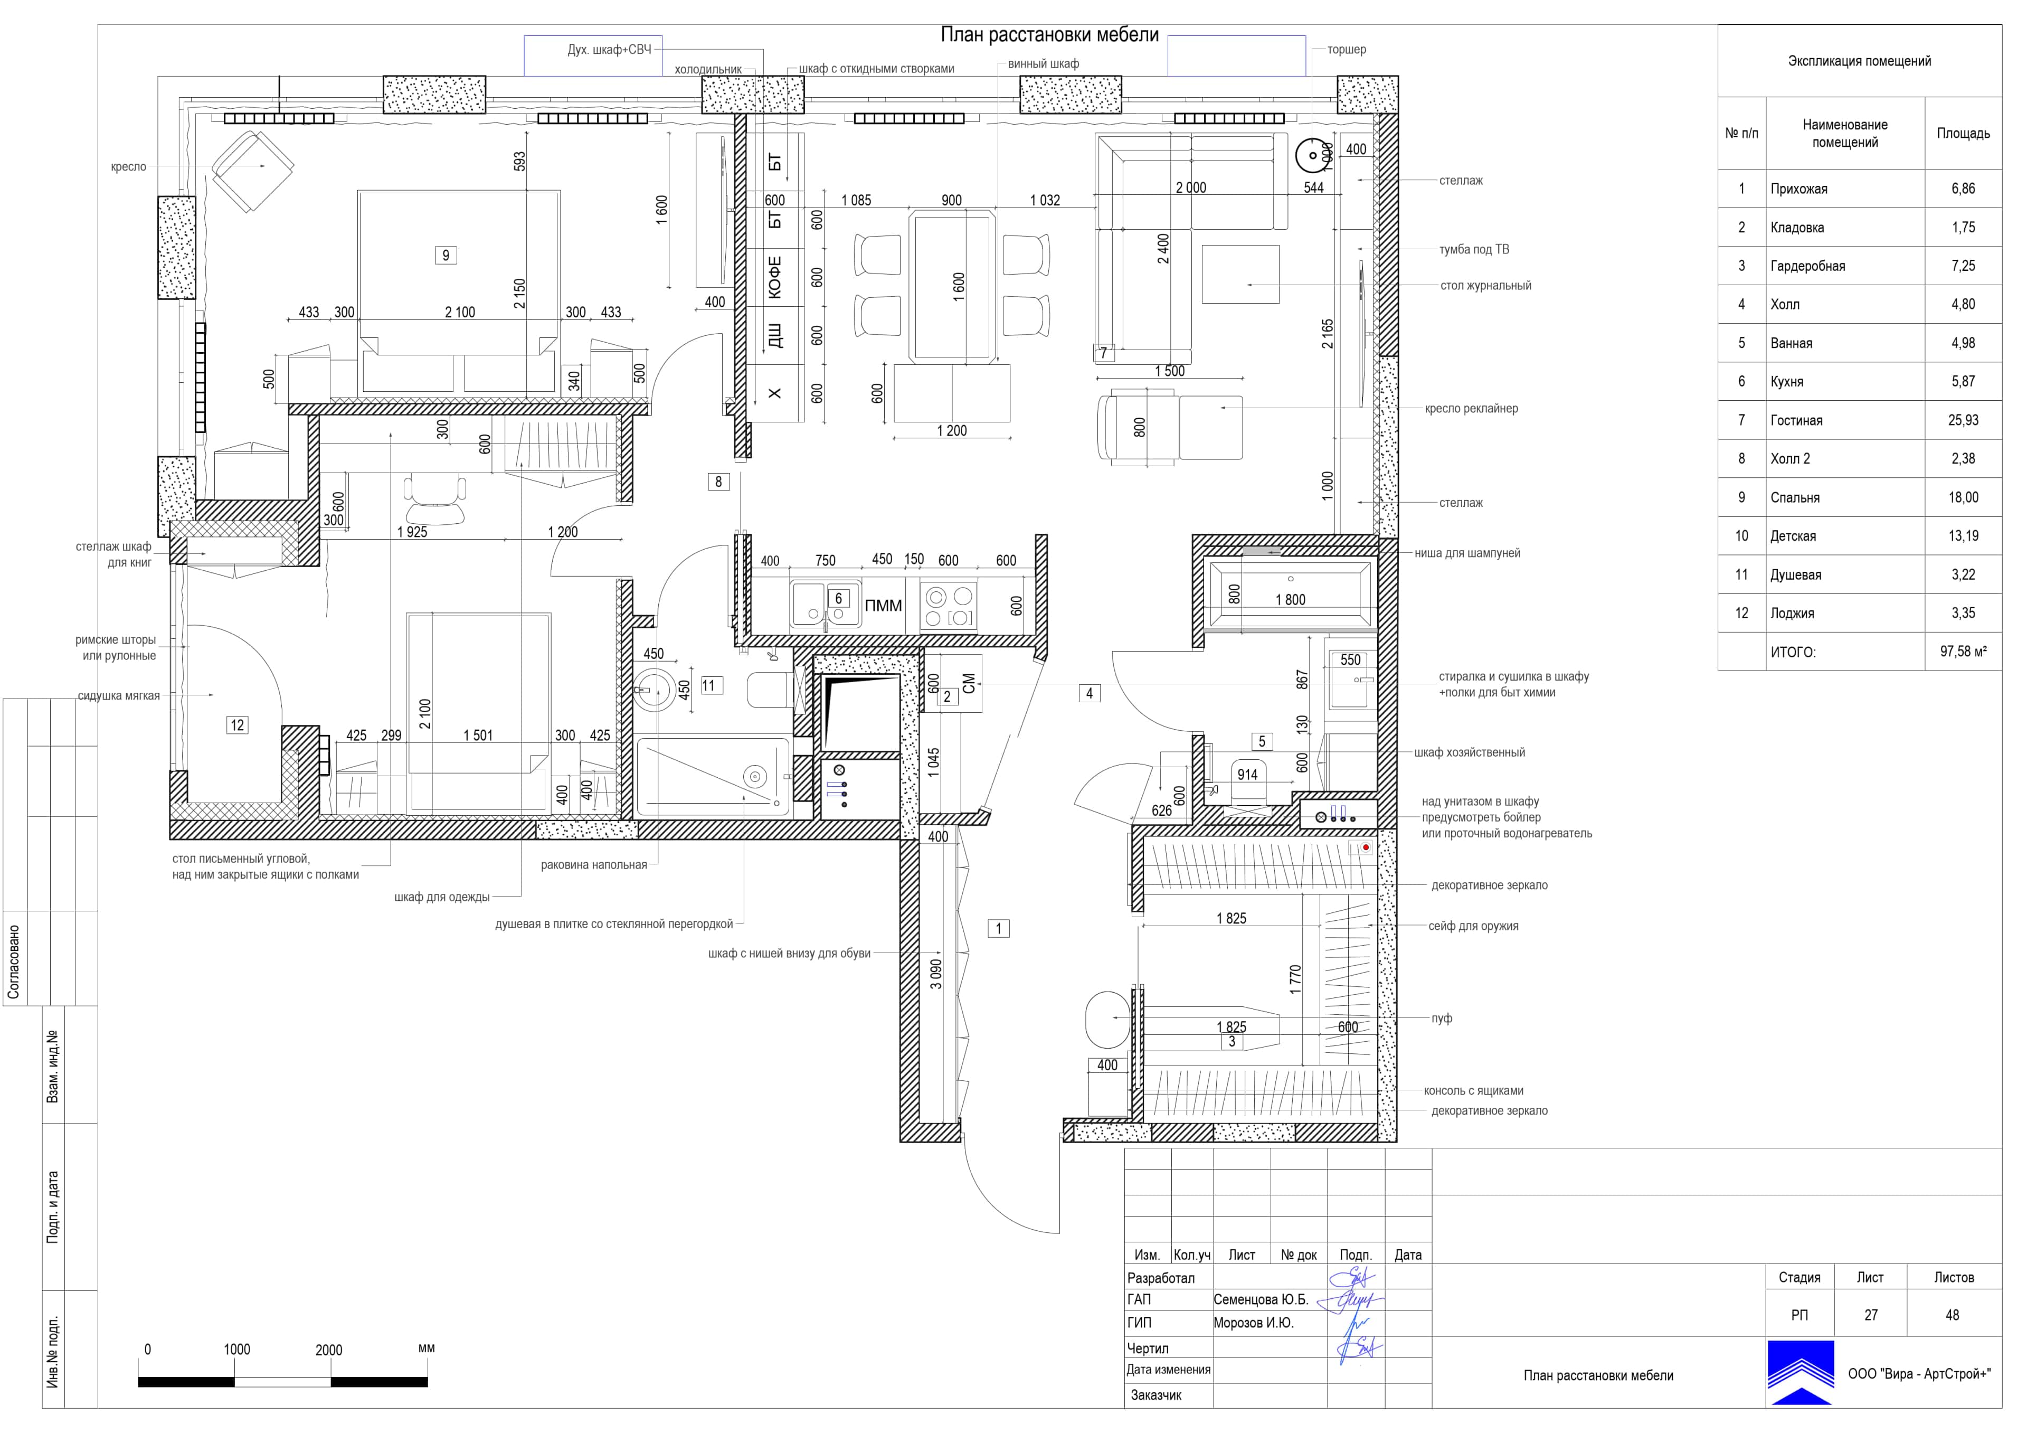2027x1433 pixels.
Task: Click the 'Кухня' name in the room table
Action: tap(1787, 381)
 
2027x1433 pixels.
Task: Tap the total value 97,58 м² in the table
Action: tap(1963, 652)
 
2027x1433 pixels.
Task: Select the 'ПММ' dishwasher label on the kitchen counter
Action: tap(883, 606)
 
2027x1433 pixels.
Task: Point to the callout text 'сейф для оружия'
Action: tap(1473, 926)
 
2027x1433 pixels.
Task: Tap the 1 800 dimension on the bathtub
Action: tap(1290, 599)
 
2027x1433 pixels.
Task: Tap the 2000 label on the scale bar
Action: tap(328, 1350)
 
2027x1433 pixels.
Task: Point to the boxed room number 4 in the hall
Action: tap(1090, 694)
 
